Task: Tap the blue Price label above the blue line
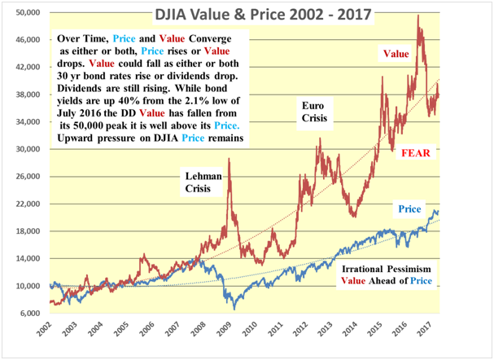tap(411, 210)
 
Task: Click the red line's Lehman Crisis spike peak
tap(230, 160)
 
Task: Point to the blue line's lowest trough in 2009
tap(234, 309)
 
